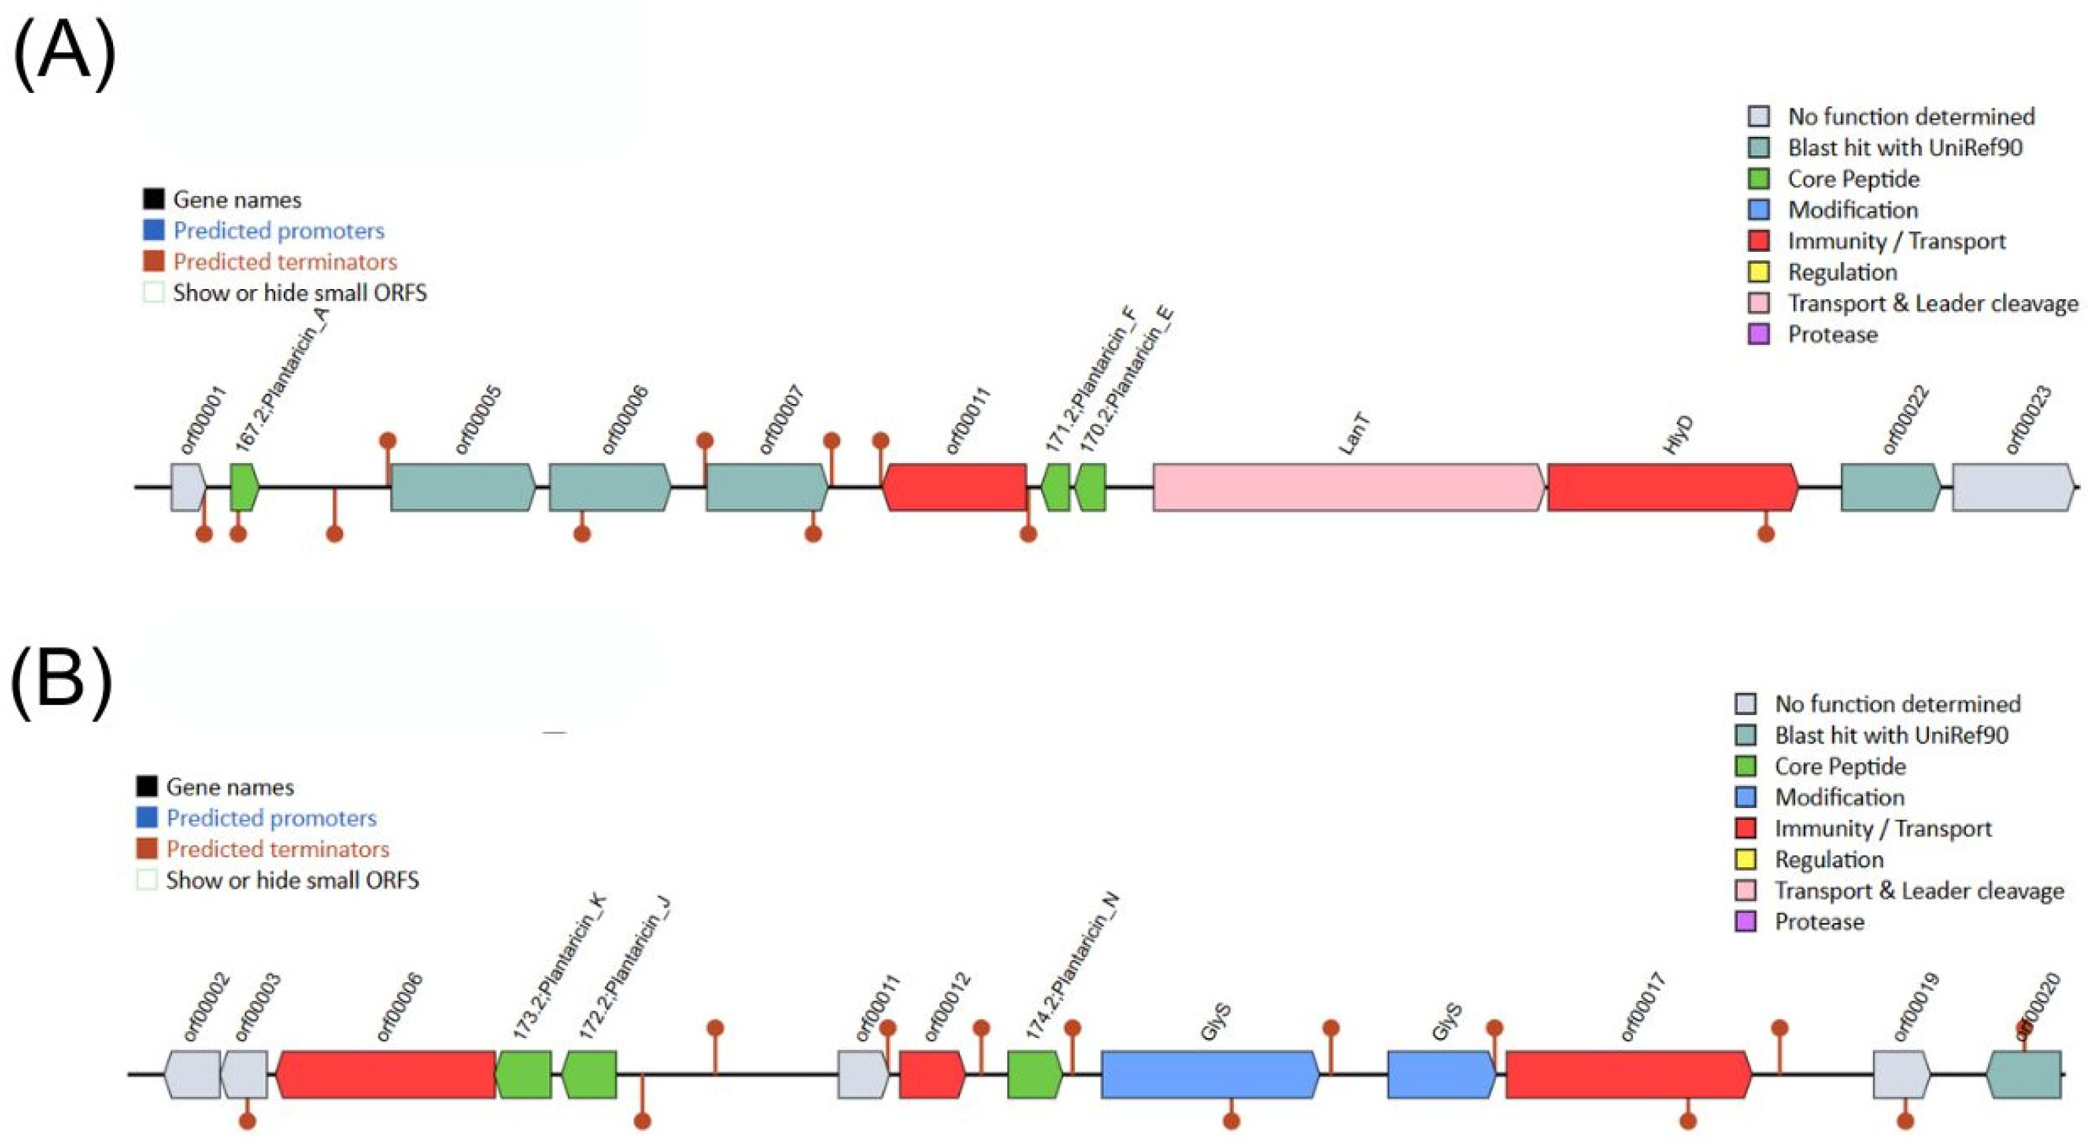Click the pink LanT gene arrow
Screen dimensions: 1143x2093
pos(1349,487)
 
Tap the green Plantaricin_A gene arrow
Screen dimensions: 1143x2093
pos(244,487)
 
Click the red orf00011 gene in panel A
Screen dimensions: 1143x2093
pos(955,487)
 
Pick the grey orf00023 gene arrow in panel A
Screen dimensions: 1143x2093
pos(2012,487)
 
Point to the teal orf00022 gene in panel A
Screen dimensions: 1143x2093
pos(1890,487)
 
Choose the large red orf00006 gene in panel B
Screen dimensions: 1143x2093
pos(386,1075)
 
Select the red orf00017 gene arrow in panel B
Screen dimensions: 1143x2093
pos(1628,1075)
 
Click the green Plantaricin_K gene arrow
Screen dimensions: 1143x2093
pos(524,1075)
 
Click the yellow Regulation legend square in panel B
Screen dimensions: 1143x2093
pos(1745,859)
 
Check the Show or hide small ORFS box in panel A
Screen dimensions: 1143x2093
pos(154,292)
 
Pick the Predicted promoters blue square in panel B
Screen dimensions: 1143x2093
pos(147,817)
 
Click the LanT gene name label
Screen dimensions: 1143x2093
pos(1354,433)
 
